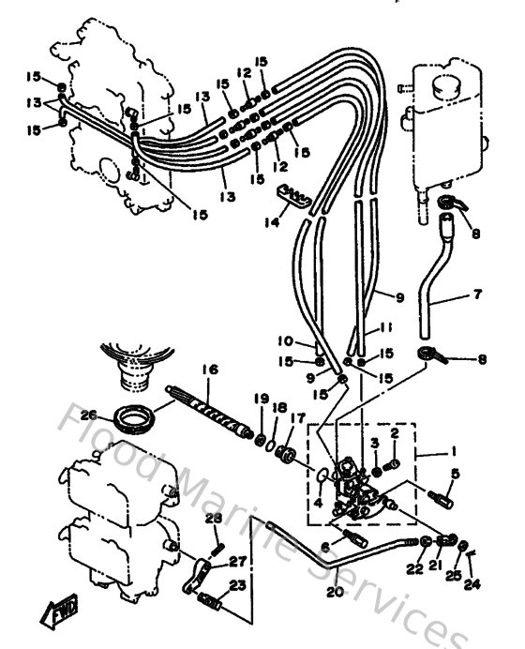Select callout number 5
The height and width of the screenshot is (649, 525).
[x=454, y=474]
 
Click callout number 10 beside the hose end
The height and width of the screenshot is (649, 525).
[x=287, y=341]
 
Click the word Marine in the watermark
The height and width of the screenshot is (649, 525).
[x=229, y=514]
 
